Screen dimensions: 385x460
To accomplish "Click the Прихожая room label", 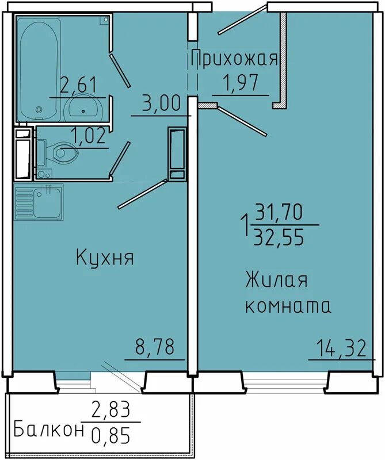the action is (x=234, y=59).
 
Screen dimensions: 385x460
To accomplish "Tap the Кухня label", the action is (x=105, y=258).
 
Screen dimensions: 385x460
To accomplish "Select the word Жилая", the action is (x=277, y=281).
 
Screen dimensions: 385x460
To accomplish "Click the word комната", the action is (x=288, y=306).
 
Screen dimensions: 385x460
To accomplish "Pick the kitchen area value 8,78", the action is (x=155, y=347).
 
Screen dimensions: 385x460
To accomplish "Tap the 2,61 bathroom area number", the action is (x=78, y=85).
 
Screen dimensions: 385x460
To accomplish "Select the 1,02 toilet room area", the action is (x=89, y=136).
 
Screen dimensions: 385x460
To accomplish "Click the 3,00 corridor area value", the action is (x=160, y=103).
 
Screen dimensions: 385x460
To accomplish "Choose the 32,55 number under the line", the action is (x=279, y=236).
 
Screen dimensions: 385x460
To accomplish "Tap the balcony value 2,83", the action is (x=110, y=410).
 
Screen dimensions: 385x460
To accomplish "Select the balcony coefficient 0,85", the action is (x=110, y=435).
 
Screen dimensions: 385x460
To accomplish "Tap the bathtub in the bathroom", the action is (x=39, y=68).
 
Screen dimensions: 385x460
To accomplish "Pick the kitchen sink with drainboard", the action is (x=39, y=202).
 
